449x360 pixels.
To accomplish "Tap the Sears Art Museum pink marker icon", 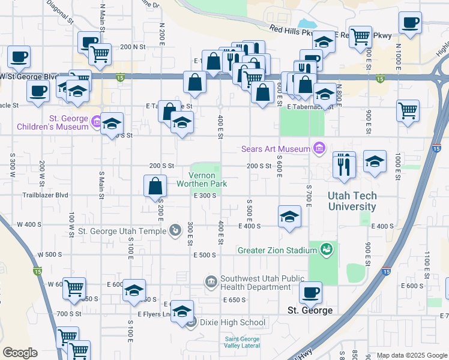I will pyautogui.click(x=319, y=148).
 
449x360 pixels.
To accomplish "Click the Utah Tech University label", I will pyautogui.click(x=352, y=201).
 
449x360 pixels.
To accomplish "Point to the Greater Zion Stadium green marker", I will pyautogui.click(x=326, y=250).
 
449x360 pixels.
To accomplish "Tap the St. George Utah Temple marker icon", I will pyautogui.click(x=175, y=230).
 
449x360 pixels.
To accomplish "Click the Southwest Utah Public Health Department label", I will pyautogui.click(x=264, y=283).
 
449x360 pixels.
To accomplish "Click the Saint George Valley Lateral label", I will pyautogui.click(x=242, y=342).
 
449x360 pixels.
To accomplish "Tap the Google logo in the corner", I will pyautogui.click(x=20, y=353).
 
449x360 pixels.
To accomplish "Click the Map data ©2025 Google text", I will pyautogui.click(x=411, y=355).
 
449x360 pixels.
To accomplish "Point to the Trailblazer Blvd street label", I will pyautogui.click(x=46, y=195).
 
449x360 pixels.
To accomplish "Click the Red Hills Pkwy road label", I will pyautogui.click(x=292, y=29).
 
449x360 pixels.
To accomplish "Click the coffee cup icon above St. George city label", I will pyautogui.click(x=310, y=293).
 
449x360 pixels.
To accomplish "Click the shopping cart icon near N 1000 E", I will pyautogui.click(x=408, y=111).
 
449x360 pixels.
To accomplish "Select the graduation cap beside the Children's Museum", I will pyautogui.click(x=112, y=124).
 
